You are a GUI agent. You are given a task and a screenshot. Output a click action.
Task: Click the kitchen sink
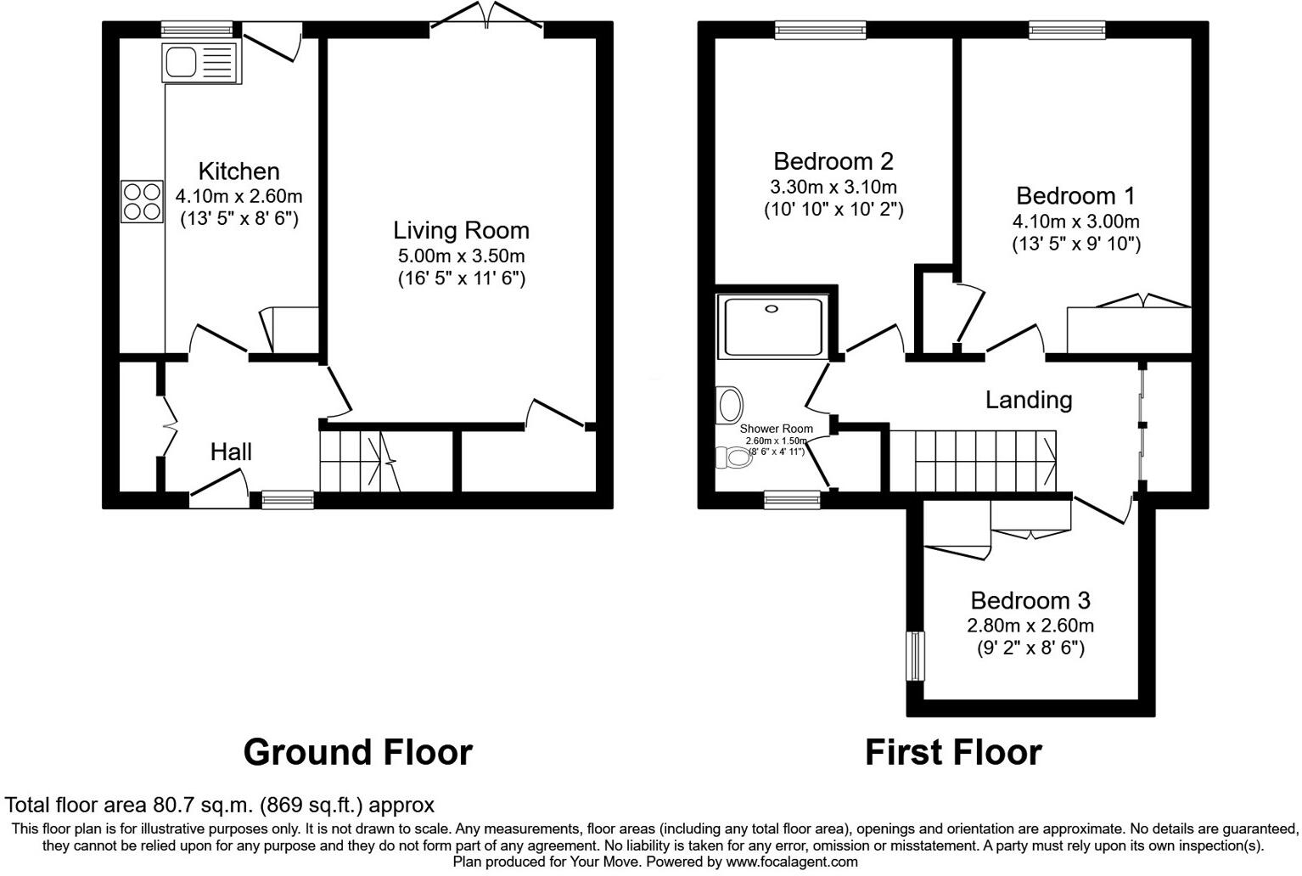pos(200,61)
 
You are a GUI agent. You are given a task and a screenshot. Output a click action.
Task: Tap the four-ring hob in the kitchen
pos(142,202)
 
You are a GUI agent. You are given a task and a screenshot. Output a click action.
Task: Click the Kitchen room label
pos(239,171)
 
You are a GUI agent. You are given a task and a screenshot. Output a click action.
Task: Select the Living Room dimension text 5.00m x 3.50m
pos(461,255)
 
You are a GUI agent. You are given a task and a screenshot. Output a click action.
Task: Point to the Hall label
pos(231,452)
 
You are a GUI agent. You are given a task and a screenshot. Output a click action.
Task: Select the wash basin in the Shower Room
pos(729,405)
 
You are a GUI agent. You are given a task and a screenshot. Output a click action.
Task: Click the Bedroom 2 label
pos(833,160)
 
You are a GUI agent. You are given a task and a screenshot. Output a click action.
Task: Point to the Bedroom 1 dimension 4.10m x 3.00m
pos(1075,222)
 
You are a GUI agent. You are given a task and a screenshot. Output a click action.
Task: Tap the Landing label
pos(1028,400)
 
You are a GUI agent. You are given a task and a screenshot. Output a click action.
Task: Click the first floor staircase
pos(973,459)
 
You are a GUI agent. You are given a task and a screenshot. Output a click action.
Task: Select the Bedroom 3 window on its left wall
pos(915,655)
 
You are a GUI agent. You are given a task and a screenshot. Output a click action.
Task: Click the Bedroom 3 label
pos(1030,600)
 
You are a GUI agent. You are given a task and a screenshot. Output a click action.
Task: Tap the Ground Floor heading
pos(357,752)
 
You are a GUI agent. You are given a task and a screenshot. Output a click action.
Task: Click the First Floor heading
pos(952,752)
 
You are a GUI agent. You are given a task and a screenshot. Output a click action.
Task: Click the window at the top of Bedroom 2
pos(820,30)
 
